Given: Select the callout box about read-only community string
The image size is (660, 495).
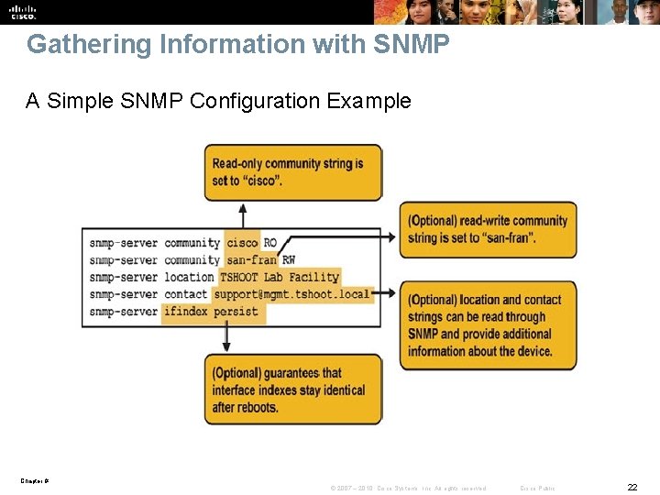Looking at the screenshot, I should tap(292, 172).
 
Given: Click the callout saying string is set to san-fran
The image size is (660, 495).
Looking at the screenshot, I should tap(488, 229).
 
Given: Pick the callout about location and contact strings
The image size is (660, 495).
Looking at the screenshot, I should tap(488, 325).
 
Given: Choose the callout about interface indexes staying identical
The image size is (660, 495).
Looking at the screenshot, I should tap(292, 390).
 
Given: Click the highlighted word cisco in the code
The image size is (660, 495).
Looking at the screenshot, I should tap(242, 243).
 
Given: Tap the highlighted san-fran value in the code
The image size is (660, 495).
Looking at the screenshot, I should tap(250, 260).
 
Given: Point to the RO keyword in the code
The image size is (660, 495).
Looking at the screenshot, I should tap(270, 243).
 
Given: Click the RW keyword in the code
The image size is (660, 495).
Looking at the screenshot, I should tap(289, 260).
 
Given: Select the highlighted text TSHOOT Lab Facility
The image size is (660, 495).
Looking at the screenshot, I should tap(280, 277).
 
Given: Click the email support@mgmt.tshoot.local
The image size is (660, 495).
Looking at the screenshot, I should tap(291, 294).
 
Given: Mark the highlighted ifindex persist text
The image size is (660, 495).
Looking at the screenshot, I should tap(211, 312).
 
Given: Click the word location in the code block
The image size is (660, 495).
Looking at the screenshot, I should tap(189, 277).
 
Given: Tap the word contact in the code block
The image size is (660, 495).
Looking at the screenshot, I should tap(186, 294).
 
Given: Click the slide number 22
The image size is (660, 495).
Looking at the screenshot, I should tap(632, 486).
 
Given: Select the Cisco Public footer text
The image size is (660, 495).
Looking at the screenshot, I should tap(537, 488).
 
